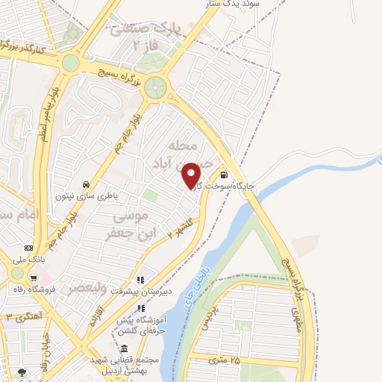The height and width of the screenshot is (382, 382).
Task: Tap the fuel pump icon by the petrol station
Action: point(225,169)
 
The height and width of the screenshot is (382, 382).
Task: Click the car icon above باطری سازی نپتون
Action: point(87,184)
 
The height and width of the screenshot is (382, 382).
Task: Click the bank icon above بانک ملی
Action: point(28,248)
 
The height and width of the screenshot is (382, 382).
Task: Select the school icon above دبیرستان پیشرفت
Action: point(140,281)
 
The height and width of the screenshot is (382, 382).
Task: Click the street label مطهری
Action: point(299,322)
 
